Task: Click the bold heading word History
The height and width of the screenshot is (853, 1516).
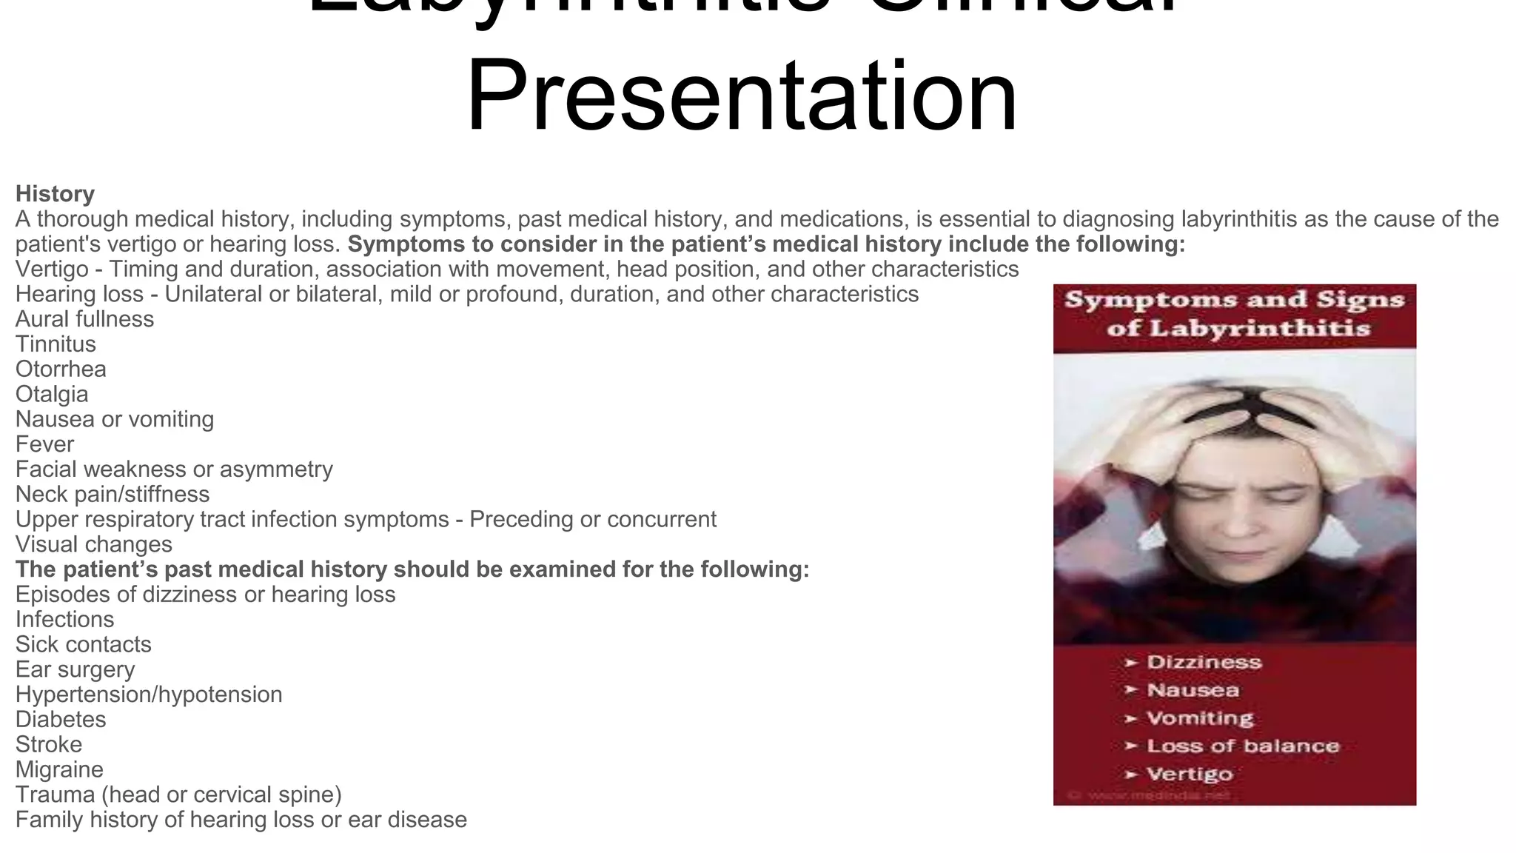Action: [x=55, y=194]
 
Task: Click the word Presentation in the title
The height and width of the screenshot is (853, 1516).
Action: [x=742, y=96]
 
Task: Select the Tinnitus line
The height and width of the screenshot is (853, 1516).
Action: [x=56, y=344]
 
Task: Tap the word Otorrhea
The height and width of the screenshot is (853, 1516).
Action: [x=61, y=369]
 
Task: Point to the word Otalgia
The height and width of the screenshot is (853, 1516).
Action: [x=52, y=395]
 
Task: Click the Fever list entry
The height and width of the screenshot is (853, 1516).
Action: [x=44, y=444]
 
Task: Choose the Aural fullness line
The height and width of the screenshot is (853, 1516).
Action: [x=84, y=319]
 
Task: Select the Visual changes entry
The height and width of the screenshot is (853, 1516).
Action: [x=93, y=544]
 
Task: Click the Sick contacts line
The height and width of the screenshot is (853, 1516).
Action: [x=83, y=644]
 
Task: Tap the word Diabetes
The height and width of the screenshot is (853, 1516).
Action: [x=61, y=720]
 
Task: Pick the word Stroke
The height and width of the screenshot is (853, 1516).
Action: [x=49, y=745]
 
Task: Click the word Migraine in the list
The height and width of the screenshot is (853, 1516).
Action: [x=59, y=770]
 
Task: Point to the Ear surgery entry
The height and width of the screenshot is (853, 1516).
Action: [x=75, y=669]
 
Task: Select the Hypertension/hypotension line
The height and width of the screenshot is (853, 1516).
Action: [x=149, y=695]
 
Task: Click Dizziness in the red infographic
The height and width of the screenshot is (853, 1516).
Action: [x=1204, y=662]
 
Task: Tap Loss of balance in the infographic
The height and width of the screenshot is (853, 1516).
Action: [x=1243, y=746]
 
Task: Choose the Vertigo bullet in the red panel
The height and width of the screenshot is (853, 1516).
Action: [x=1190, y=774]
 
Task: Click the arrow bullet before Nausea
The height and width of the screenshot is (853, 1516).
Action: [x=1130, y=690]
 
